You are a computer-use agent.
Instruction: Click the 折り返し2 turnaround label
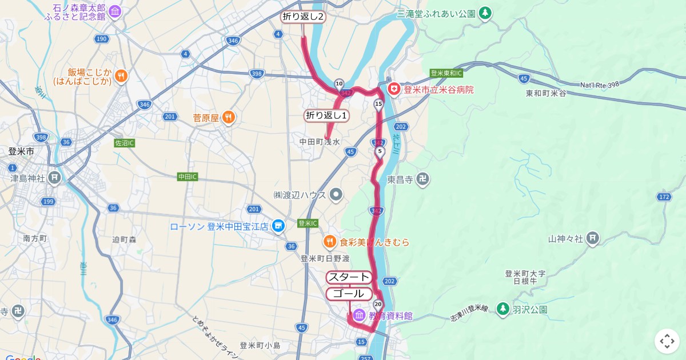(303, 17)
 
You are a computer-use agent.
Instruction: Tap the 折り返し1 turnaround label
(327, 115)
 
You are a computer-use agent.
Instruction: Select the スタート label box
(349, 277)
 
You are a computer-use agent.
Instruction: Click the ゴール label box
(349, 294)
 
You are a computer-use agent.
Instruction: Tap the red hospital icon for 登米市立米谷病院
(393, 89)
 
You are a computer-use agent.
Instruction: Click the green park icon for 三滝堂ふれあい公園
(485, 13)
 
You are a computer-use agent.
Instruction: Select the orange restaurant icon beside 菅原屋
(228, 118)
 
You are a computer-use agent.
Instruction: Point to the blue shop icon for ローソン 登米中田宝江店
(278, 226)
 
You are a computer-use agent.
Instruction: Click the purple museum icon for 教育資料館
(359, 315)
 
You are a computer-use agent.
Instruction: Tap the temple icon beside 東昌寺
(422, 179)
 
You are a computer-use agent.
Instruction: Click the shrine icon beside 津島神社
(54, 178)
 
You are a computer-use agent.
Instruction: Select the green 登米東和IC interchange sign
(446, 73)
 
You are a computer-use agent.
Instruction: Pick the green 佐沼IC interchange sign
(125, 143)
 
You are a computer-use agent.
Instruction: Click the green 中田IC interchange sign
(187, 177)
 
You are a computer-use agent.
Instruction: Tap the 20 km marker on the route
(377, 304)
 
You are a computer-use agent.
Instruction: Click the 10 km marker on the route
(339, 83)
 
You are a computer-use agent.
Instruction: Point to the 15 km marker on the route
(378, 104)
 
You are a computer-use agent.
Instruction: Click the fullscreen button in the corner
(667, 341)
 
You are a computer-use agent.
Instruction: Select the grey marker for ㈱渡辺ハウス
(336, 195)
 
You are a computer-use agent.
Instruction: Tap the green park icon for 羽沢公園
(502, 309)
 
